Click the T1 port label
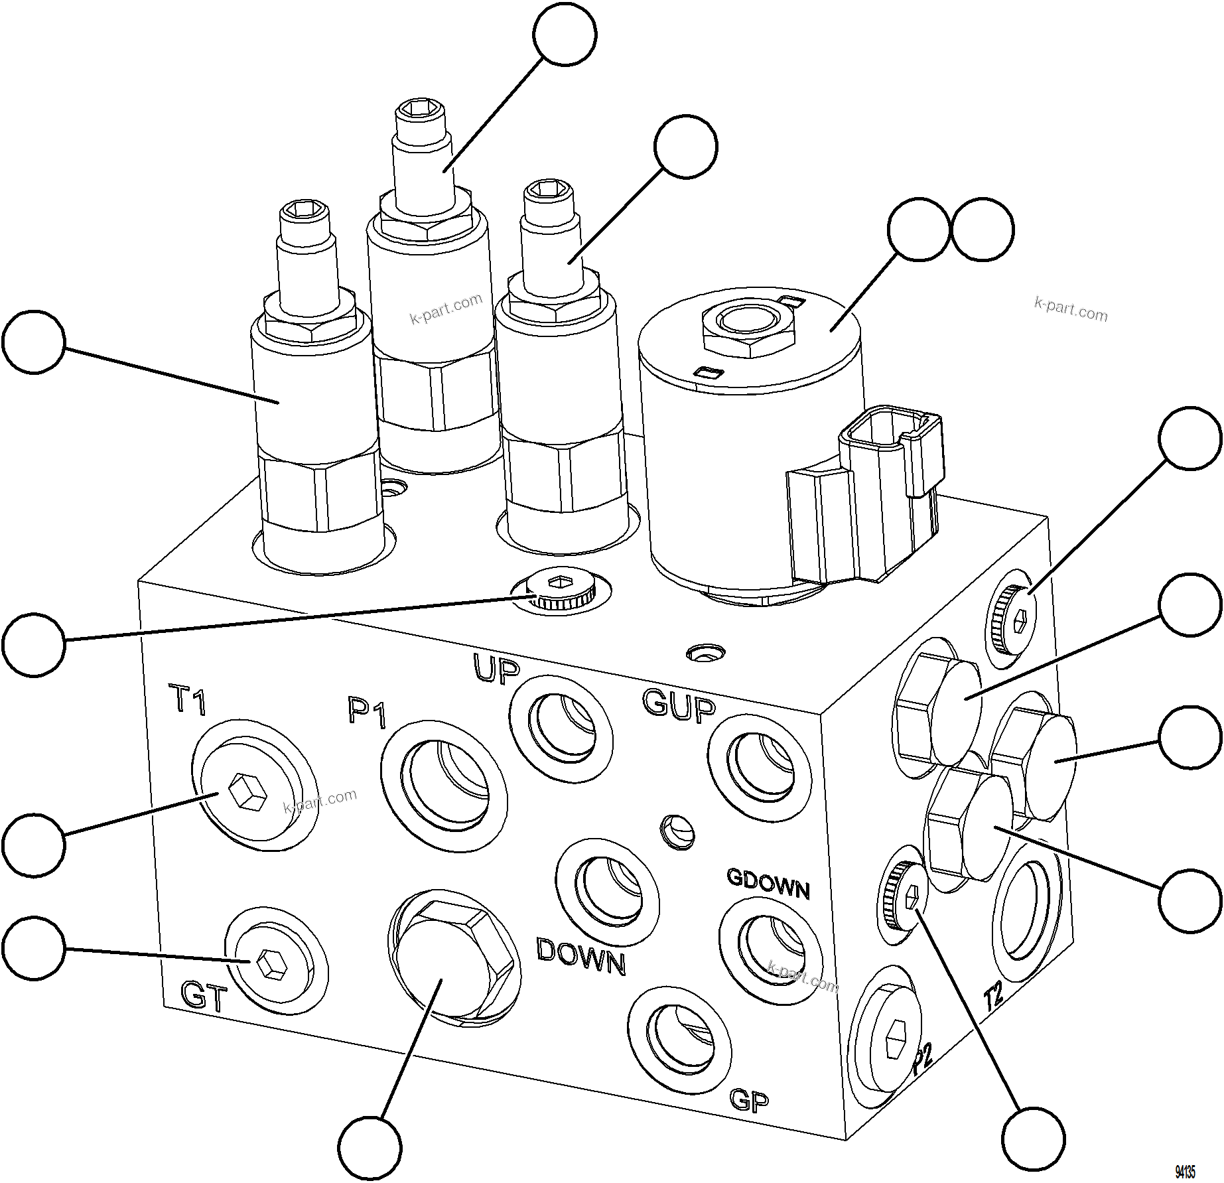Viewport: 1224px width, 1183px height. click(x=189, y=701)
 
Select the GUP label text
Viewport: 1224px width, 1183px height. click(x=679, y=703)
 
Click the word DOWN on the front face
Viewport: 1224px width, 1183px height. click(x=580, y=957)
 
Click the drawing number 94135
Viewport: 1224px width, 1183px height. click(x=1184, y=1172)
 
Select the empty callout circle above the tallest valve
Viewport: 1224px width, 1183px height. click(x=565, y=34)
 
